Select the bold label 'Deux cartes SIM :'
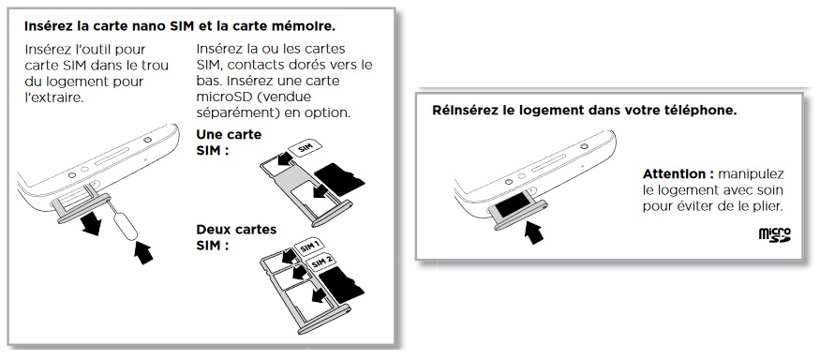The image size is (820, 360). coord(230,235)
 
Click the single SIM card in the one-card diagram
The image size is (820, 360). coord(306,151)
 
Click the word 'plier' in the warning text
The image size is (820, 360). coord(763,204)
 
